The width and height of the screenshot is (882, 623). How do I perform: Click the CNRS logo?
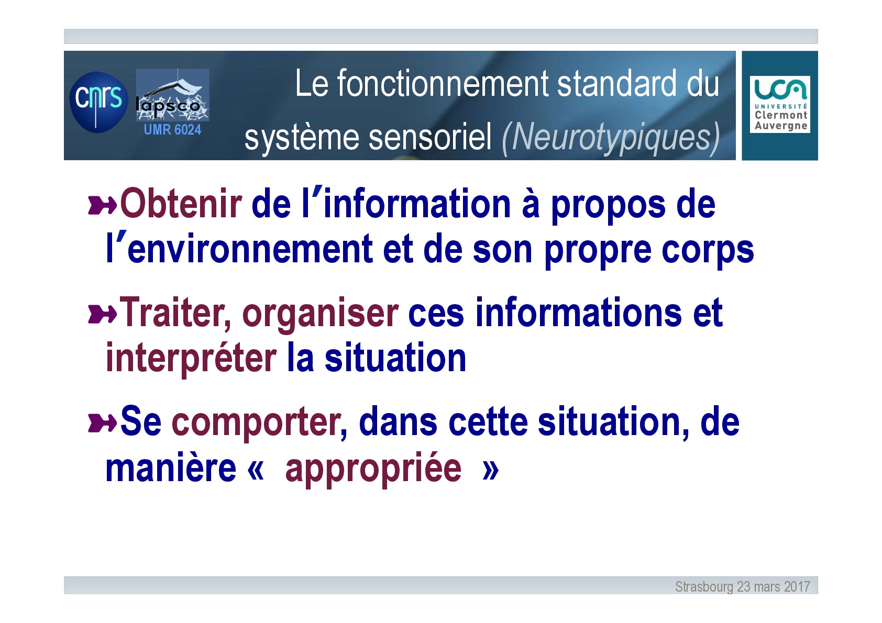click(99, 102)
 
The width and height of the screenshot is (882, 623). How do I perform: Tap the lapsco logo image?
click(172, 95)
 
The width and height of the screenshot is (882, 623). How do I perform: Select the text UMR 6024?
click(172, 129)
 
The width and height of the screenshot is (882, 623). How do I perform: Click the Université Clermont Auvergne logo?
click(780, 104)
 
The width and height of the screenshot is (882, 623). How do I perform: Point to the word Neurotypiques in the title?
click(611, 138)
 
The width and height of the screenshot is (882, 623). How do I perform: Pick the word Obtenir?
click(181, 204)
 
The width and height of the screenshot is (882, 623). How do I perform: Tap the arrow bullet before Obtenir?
click(102, 205)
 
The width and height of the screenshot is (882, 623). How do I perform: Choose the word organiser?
click(321, 315)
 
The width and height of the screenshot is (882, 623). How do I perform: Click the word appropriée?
click(373, 470)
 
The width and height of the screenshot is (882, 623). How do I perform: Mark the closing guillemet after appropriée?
click(491, 470)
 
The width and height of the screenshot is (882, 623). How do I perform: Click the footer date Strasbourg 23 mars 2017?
click(743, 586)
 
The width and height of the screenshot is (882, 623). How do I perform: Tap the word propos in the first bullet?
click(608, 206)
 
